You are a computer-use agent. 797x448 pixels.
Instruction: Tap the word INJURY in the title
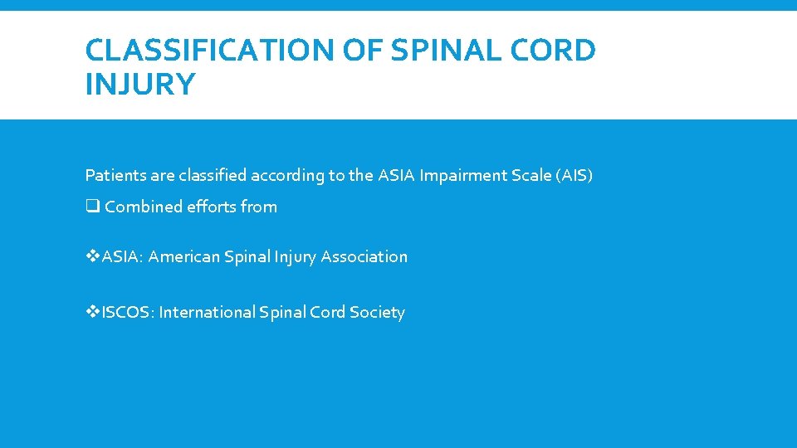pyautogui.click(x=140, y=85)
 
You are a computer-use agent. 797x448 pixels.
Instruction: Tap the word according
pyautogui.click(x=284, y=176)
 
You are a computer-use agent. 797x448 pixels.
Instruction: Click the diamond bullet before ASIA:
pyautogui.click(x=92, y=257)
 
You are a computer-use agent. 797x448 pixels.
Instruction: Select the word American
pyautogui.click(x=183, y=257)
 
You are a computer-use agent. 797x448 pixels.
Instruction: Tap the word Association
pyautogui.click(x=364, y=257)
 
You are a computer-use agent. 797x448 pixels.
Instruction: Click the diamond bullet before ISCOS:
pyautogui.click(x=92, y=313)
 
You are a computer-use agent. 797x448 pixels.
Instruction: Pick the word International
pyautogui.click(x=207, y=313)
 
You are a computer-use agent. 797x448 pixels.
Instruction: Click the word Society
pyautogui.click(x=377, y=313)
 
